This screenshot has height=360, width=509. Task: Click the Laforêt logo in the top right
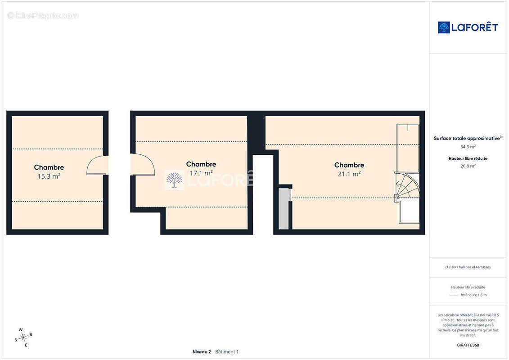[x=468, y=27]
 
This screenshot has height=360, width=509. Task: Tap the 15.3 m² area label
[x=49, y=176]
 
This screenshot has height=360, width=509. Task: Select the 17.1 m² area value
[x=201, y=173]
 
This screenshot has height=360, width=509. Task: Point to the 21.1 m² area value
[x=349, y=174]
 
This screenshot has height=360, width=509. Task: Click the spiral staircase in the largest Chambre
[x=407, y=185]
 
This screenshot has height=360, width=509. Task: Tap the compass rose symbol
[x=23, y=337]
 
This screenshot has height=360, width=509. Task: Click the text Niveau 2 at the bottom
[x=202, y=351]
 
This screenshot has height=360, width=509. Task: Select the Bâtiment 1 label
[x=227, y=351]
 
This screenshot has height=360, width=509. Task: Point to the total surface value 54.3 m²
[x=468, y=147]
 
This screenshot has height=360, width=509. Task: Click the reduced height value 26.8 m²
[x=468, y=166]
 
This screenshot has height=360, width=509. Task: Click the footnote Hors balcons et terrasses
[x=468, y=267]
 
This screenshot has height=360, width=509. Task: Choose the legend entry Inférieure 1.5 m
[x=473, y=295]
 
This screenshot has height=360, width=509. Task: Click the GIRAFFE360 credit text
[x=468, y=345]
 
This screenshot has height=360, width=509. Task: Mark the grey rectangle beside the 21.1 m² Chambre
[x=284, y=209]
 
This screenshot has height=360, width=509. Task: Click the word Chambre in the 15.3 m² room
[x=49, y=167]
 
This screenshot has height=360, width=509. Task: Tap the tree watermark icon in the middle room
[x=174, y=180]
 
